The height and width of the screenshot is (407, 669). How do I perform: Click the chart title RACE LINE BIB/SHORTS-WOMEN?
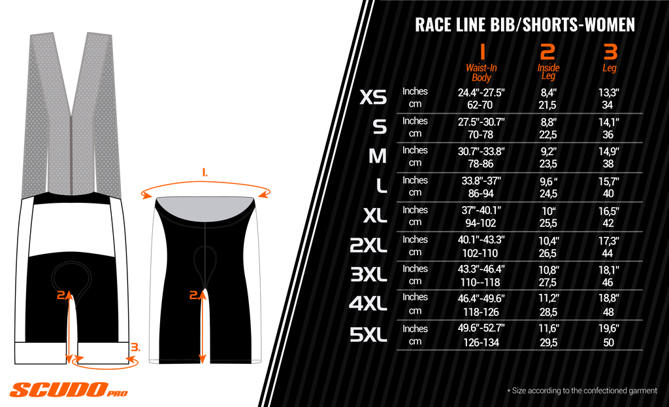click(x=525, y=25)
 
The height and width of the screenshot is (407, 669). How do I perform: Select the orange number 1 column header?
click(x=481, y=52)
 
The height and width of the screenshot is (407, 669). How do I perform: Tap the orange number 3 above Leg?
click(x=610, y=52)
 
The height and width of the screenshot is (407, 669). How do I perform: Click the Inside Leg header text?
click(x=548, y=72)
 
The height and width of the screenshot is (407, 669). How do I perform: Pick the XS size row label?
click(x=373, y=98)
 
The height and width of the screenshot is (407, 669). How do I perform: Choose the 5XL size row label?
click(x=368, y=335)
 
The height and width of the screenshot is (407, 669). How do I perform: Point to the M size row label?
click(x=378, y=156)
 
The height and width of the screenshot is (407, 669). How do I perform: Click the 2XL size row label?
click(x=368, y=246)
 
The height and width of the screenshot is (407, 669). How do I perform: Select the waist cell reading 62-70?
click(x=481, y=105)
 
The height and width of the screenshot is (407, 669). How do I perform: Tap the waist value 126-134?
click(x=481, y=342)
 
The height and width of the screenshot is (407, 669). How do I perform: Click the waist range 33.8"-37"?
click(x=481, y=181)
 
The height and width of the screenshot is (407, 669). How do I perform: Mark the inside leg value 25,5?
click(x=548, y=222)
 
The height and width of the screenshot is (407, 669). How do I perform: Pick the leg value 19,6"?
click(x=608, y=329)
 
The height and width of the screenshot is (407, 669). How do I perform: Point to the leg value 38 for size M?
click(x=608, y=164)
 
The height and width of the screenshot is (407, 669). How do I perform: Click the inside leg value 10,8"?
click(x=548, y=269)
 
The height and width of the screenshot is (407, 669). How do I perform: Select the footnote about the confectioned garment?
click(x=582, y=391)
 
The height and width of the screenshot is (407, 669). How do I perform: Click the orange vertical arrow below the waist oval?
click(x=204, y=327)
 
